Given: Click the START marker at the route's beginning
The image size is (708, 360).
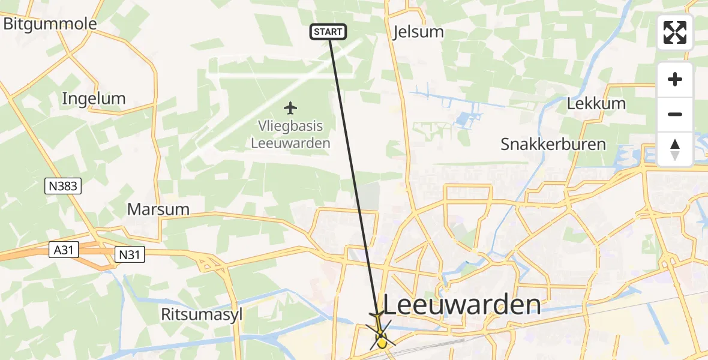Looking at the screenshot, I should pos(328,32).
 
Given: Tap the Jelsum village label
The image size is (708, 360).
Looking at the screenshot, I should pos(418,32).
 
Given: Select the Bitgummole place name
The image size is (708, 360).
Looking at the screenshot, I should pos(50,23).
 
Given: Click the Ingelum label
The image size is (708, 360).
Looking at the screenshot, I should pos(94,98).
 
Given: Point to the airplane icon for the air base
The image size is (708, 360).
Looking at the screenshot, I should pos(290,108).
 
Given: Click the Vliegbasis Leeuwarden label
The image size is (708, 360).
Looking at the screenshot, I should pos(290,135).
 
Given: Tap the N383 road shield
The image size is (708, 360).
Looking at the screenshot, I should pos(63,186).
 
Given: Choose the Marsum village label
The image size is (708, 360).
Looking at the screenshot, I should pos(158,209).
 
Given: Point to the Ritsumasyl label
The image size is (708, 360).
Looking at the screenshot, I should pos(202,314).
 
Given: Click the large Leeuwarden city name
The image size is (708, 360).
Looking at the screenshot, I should pos(461,305).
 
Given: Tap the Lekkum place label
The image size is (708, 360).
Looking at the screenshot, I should pos(596,103).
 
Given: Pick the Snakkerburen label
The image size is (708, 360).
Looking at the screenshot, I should pos(553,145).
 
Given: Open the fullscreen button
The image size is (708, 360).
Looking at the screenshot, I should pos(675,32).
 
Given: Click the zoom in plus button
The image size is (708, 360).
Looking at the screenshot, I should pos(675,79).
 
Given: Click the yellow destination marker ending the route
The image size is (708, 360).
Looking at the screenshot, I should pos(381,343).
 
